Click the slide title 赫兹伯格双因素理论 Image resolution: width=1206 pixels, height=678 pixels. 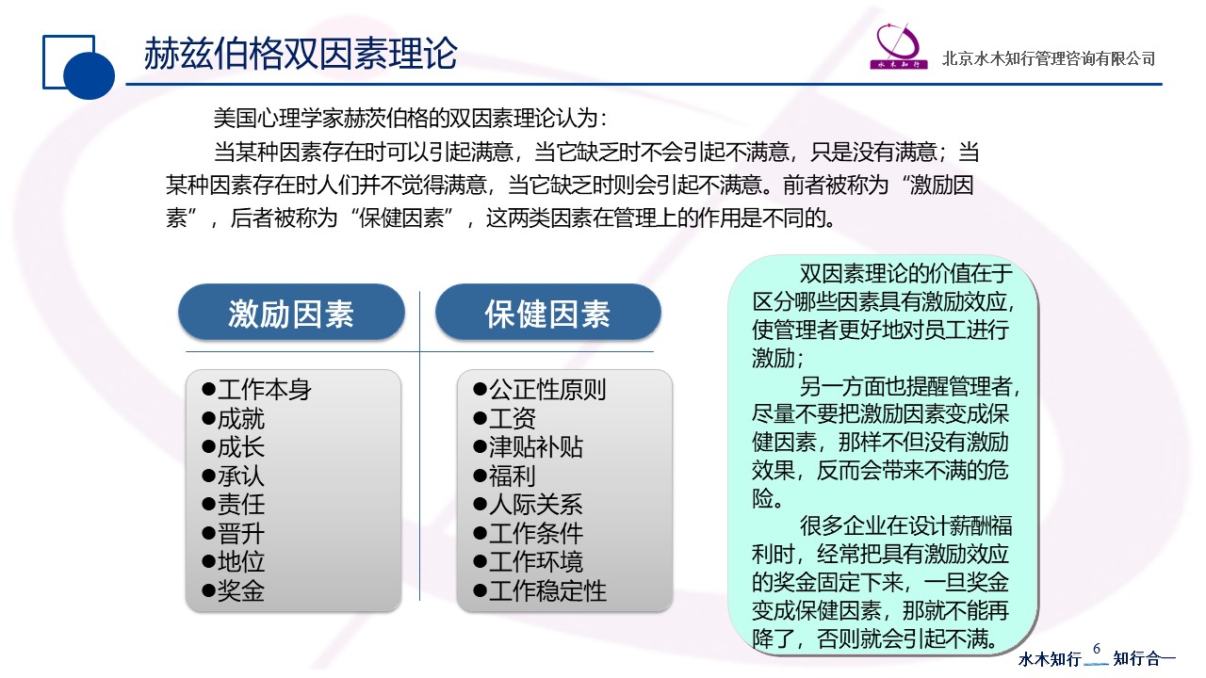click(301, 54)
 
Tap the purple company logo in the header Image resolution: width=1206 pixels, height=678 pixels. click(899, 46)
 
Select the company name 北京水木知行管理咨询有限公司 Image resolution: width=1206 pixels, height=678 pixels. click(1049, 58)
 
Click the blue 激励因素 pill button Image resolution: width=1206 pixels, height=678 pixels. click(291, 313)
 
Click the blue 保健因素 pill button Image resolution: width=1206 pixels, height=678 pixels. click(548, 313)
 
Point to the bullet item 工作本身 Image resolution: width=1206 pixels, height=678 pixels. click(257, 390)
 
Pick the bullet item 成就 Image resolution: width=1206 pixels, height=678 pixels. click(233, 419)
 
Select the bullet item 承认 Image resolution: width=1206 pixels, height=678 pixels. click(233, 476)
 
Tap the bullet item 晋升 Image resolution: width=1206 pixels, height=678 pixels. click(233, 534)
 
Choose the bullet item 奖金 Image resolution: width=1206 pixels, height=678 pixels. click(233, 590)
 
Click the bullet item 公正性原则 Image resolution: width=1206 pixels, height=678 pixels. click(540, 390)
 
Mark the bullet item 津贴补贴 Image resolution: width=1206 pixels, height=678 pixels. click(529, 447)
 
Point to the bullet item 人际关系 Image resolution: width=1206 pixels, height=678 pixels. click(529, 505)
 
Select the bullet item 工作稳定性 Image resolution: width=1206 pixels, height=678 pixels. click(540, 590)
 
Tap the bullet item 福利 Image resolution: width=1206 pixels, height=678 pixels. click(504, 476)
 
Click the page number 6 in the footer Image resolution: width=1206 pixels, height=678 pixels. click(1097, 649)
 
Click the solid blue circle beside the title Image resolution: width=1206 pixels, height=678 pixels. click(89, 74)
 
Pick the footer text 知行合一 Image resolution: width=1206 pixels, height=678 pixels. click(1144, 658)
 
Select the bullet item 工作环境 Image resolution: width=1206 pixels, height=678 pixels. click(529, 562)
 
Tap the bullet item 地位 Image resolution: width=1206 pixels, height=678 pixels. click(233, 562)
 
